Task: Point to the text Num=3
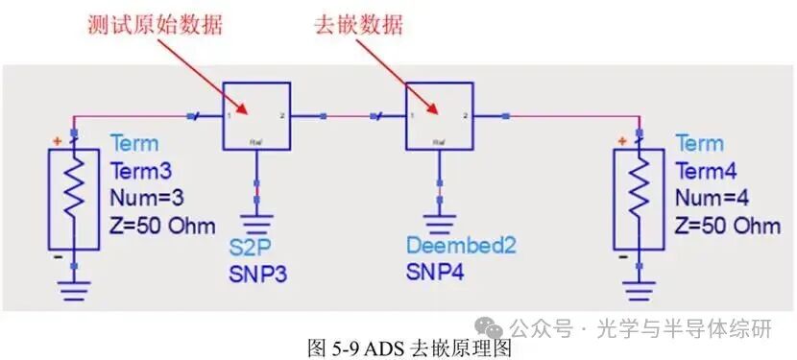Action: click(x=146, y=197)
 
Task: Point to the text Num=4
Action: click(x=711, y=197)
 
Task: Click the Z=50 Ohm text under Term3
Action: click(x=164, y=225)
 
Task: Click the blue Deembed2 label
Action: click(x=460, y=247)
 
